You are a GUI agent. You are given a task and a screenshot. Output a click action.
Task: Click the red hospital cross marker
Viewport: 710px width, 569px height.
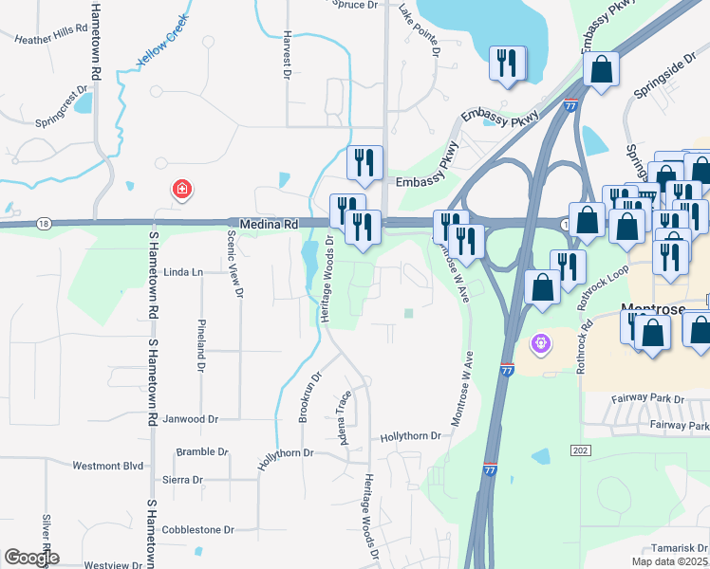click(180, 190)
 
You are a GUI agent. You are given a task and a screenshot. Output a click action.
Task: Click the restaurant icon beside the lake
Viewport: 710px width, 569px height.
click(506, 63)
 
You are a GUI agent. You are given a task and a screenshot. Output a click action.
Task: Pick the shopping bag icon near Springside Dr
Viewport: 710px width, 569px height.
click(601, 68)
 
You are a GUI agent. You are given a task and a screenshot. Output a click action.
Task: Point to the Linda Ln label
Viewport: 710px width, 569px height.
click(183, 272)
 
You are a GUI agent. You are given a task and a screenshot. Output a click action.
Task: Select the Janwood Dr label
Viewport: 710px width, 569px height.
click(192, 418)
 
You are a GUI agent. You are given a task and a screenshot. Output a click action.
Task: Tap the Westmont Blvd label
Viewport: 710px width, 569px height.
click(107, 466)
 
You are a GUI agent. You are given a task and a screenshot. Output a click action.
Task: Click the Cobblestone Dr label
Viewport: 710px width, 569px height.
click(197, 530)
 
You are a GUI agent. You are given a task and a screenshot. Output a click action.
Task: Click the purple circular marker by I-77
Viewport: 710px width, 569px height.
click(541, 342)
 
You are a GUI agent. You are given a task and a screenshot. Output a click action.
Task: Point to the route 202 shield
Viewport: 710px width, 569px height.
click(581, 450)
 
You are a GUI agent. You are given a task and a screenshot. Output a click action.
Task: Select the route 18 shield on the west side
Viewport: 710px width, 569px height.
click(44, 223)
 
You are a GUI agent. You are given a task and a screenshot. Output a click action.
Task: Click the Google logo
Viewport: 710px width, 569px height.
click(31, 558)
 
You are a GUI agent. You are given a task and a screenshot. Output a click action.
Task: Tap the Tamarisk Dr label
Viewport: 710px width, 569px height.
click(680, 548)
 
